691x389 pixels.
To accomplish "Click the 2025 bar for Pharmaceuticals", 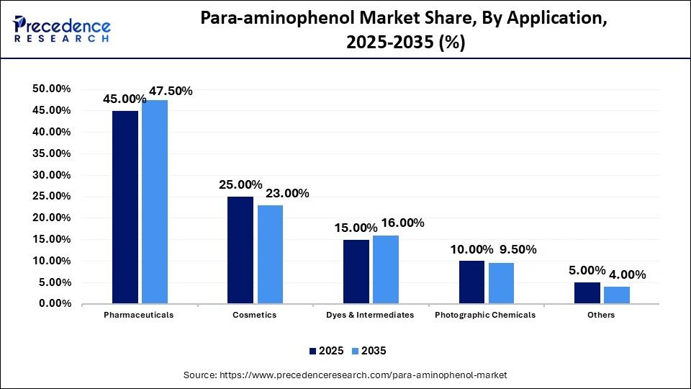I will (x=125, y=207).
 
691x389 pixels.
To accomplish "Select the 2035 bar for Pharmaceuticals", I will (x=155, y=202).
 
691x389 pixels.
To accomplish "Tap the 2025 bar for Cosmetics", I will (x=240, y=250).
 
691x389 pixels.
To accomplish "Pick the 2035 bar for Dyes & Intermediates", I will (x=386, y=269).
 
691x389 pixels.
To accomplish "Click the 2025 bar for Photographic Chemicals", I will (x=471, y=282).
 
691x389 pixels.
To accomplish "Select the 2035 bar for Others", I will (x=617, y=295).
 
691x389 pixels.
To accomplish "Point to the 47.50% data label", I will (x=171, y=91).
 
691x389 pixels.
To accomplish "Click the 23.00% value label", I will (x=287, y=193).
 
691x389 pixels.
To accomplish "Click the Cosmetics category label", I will (x=256, y=315).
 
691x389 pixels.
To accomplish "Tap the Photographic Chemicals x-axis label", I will (x=486, y=315).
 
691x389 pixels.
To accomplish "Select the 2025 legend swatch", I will (x=313, y=351).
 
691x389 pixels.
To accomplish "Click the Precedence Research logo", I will (x=61, y=29).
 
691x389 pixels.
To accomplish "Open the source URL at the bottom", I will (x=345, y=375).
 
